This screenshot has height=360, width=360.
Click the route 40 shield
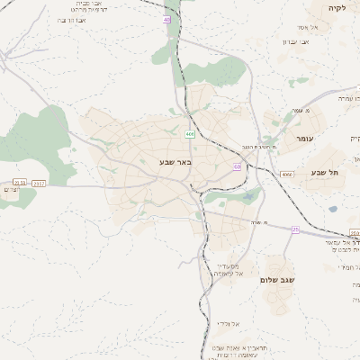[166, 19]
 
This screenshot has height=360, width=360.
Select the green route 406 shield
[190, 133]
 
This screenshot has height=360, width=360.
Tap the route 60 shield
[237, 166]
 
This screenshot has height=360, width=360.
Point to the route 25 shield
[294, 229]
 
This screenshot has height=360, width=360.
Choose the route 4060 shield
[286, 175]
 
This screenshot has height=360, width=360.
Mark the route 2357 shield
[40, 183]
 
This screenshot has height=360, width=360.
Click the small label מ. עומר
[301, 111]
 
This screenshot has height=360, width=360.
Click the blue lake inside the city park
[245, 192]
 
